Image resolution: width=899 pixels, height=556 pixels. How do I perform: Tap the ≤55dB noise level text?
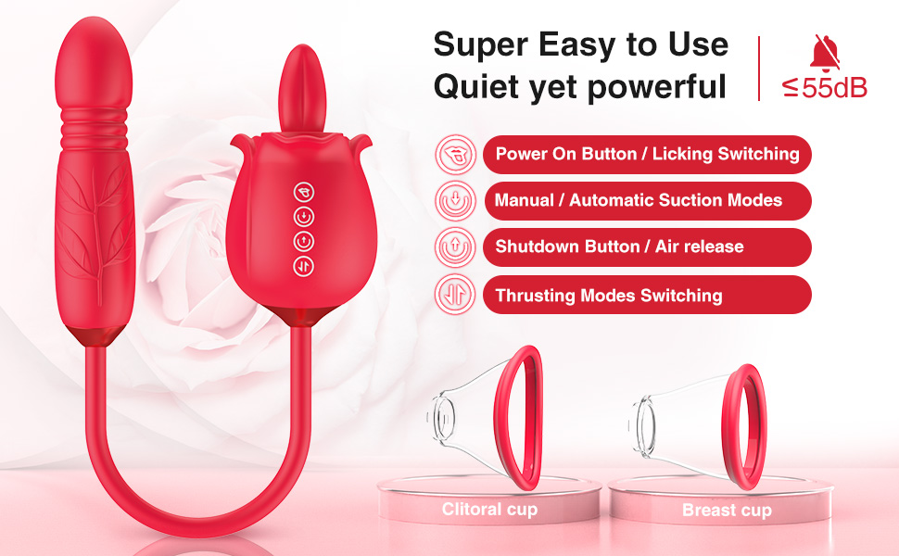(825, 88)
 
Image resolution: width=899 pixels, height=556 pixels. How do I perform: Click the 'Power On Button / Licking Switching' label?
(647, 154)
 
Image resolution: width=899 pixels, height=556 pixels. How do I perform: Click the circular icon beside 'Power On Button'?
(454, 154)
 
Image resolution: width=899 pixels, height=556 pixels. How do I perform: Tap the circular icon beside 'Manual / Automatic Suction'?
(454, 200)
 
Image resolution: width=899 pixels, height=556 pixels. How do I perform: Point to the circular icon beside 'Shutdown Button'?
(454, 247)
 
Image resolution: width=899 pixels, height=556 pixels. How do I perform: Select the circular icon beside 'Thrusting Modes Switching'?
(454, 296)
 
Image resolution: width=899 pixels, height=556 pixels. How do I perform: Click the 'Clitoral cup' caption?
(488, 509)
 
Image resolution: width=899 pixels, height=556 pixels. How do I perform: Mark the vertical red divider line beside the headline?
(760, 68)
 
